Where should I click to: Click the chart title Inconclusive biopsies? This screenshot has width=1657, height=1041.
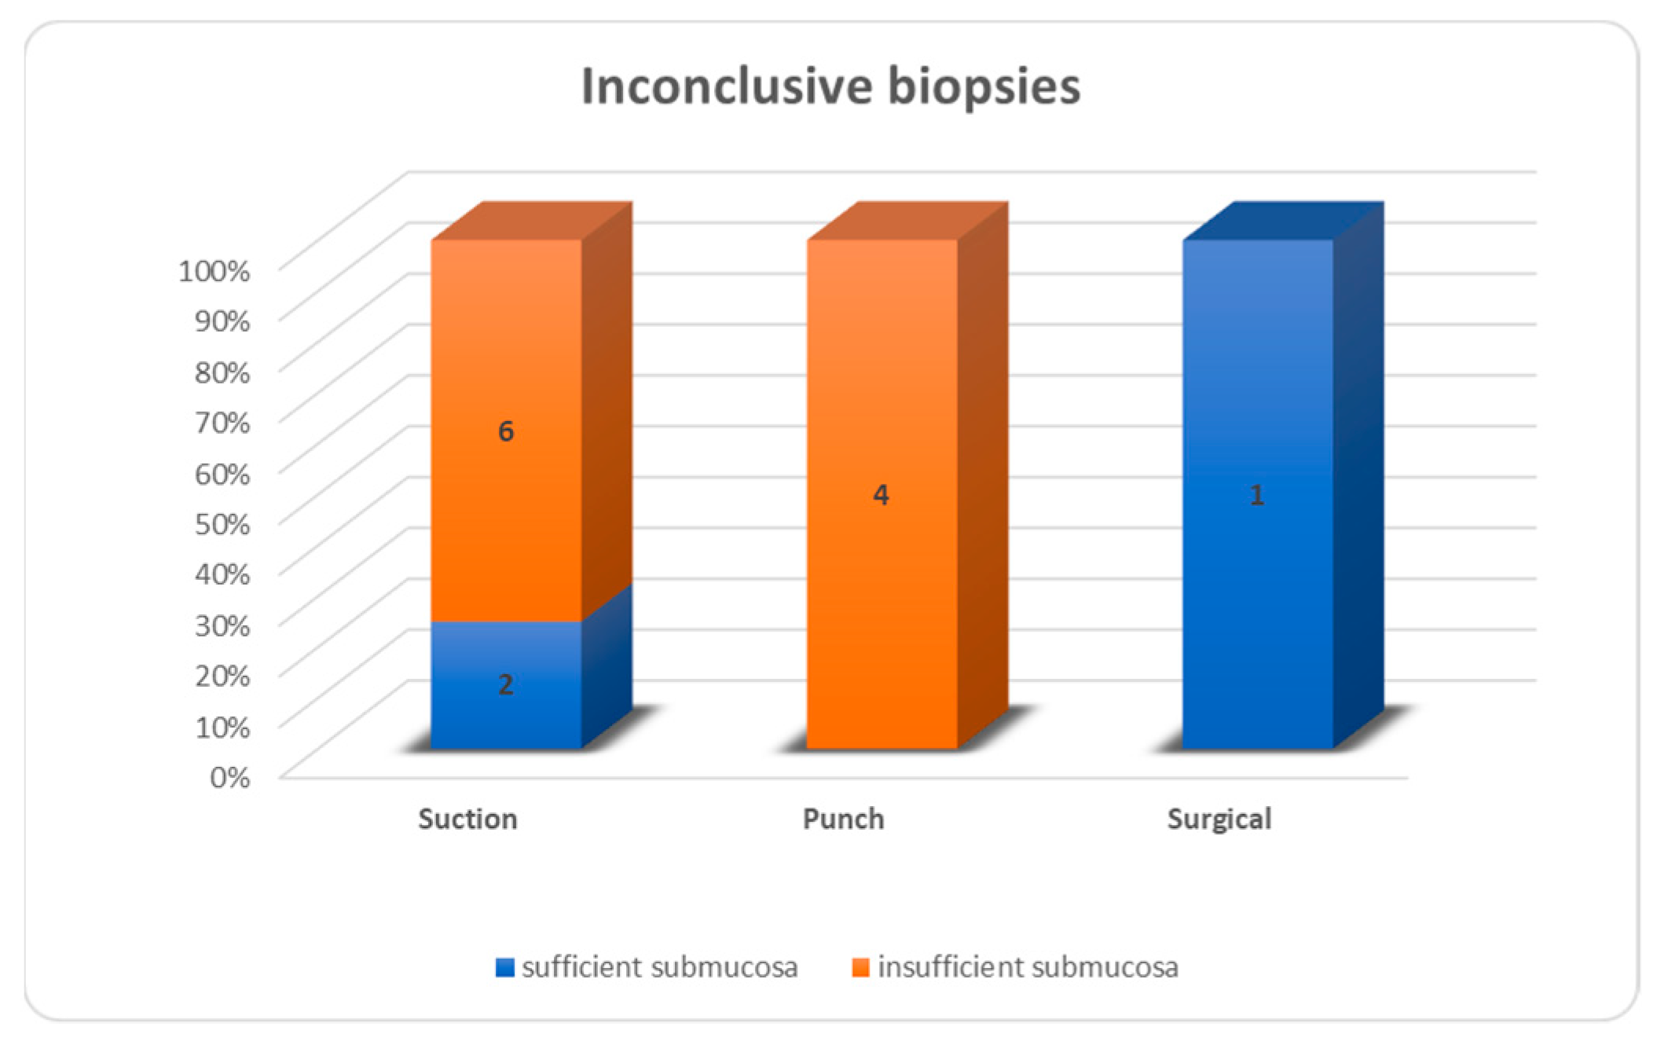[830, 86]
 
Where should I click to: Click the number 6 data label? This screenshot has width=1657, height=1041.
[506, 431]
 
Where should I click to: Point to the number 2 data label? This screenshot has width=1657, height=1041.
[506, 684]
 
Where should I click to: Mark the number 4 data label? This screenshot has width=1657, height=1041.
[882, 495]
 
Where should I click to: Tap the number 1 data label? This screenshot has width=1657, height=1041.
[1257, 495]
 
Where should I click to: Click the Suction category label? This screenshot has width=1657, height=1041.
[467, 819]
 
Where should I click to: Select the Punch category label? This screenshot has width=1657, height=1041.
[843, 819]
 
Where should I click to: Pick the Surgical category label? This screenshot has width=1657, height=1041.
[1219, 819]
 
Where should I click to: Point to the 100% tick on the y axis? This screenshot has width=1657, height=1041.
[214, 270]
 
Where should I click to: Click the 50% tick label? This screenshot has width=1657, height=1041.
[222, 523]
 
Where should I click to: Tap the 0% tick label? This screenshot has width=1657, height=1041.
[229, 777]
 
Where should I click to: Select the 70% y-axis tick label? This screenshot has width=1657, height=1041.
[222, 422]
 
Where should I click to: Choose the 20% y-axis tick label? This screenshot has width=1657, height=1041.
[222, 675]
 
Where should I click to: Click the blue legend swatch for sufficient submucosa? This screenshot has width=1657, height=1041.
[505, 967]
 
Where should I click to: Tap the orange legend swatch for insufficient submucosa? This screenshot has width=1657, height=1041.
[861, 967]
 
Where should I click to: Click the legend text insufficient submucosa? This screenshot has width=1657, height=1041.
[1028, 967]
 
